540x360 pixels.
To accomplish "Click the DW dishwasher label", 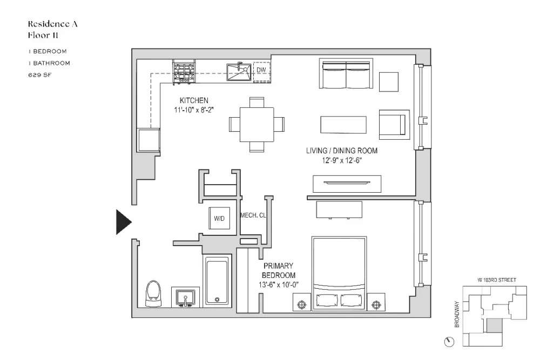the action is tap(261, 70).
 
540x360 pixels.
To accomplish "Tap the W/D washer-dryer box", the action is tap(219, 218).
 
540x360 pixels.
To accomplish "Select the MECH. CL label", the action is tap(253, 215).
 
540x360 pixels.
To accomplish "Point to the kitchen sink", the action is tap(239, 72).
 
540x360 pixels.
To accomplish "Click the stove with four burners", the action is tap(184, 72).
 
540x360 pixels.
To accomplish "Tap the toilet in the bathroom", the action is tap(153, 294).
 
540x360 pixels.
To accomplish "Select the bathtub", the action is tap(217, 281).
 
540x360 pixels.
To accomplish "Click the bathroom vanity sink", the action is tap(185, 297).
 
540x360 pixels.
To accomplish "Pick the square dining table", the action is tap(257, 124).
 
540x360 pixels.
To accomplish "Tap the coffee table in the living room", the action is tap(343, 125).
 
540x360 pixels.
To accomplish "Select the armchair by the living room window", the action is tap(394, 125).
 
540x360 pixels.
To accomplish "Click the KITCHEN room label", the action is tap(194, 100).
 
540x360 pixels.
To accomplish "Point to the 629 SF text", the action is tap(40, 74).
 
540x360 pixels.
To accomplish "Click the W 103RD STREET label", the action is tap(497, 280).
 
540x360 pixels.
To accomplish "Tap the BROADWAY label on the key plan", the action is tap(457, 314).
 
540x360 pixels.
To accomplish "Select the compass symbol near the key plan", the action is tap(449, 342).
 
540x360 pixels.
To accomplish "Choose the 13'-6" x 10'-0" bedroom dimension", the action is tap(278, 285).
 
